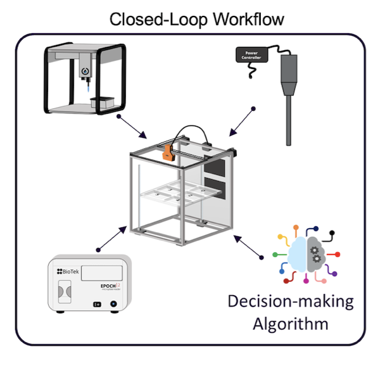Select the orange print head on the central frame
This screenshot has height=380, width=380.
tap(168, 152)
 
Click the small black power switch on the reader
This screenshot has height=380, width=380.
tap(98, 304)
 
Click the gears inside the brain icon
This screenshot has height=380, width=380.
tap(314, 254)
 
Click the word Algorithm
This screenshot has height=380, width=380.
tap(291, 324)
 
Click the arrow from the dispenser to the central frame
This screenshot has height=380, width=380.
tap(133, 127)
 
